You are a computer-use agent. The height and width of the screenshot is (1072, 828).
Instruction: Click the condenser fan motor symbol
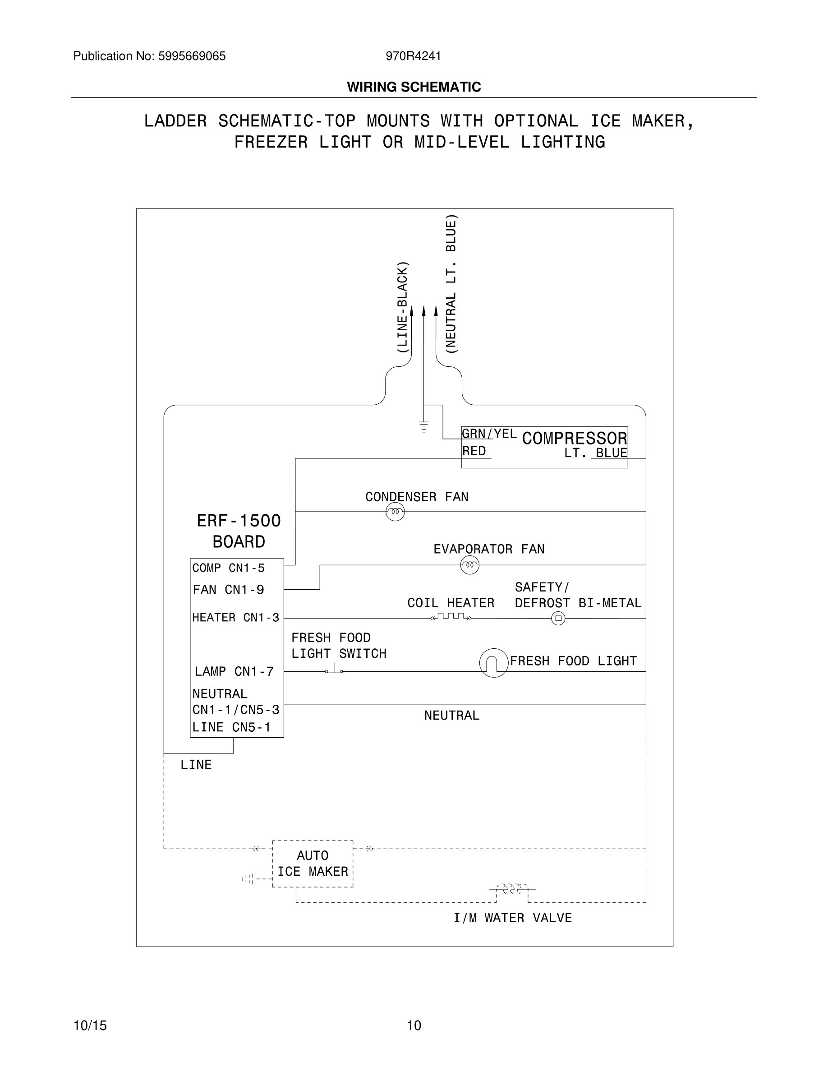pyautogui.click(x=395, y=513)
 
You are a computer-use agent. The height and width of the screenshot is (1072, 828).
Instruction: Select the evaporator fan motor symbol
pyautogui.click(x=469, y=565)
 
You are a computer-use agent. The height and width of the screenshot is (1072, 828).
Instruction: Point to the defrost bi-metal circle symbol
pyautogui.click(x=558, y=618)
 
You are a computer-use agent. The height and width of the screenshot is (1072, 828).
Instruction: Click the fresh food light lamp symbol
pyautogui.click(x=493, y=663)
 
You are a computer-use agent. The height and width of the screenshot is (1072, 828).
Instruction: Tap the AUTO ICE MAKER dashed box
pyautogui.click(x=313, y=864)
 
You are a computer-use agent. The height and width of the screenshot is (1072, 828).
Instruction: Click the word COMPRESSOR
pyautogui.click(x=575, y=439)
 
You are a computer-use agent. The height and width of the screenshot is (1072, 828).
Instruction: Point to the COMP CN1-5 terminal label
pyautogui.click(x=228, y=568)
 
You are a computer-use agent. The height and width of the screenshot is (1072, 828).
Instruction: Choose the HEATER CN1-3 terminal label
pyautogui.click(x=235, y=618)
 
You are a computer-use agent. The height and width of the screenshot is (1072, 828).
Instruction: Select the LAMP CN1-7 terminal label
pyautogui.click(x=234, y=671)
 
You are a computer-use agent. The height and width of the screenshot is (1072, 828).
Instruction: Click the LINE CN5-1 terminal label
pyautogui.click(x=231, y=727)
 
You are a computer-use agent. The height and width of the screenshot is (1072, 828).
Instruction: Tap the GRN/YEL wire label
pyautogui.click(x=488, y=434)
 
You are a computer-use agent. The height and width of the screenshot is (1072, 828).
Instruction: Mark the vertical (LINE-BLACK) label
pyautogui.click(x=402, y=307)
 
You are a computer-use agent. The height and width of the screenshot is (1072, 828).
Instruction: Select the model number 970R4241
pyautogui.click(x=413, y=56)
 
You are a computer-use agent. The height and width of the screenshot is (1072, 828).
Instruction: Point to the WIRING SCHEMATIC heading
pyautogui.click(x=414, y=87)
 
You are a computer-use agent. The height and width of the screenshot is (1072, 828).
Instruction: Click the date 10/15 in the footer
pyautogui.click(x=90, y=1026)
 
